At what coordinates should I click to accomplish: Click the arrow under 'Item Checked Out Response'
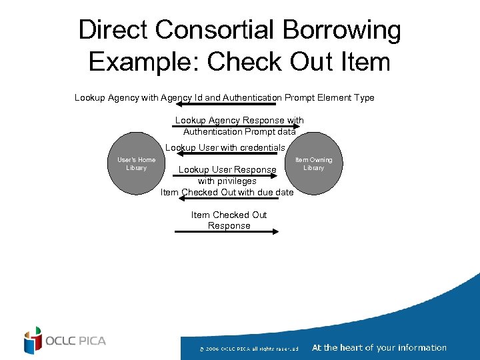pyautogui.click(x=226, y=233)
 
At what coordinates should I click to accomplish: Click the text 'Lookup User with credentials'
pyautogui.click(x=225, y=147)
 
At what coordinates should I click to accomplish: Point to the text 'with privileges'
pyautogui.click(x=227, y=181)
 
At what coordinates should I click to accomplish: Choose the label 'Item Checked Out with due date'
pyautogui.click(x=227, y=192)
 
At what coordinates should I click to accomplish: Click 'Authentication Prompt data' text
pyautogui.click(x=239, y=131)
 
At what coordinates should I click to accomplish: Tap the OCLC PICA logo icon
pyautogui.click(x=33, y=341)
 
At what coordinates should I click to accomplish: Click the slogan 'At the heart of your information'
pyautogui.click(x=379, y=347)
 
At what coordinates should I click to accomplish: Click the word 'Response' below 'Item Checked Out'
pyautogui.click(x=229, y=225)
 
